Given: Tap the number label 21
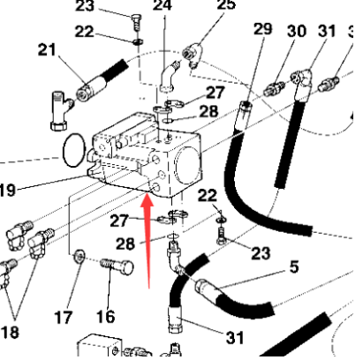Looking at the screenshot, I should [48, 50].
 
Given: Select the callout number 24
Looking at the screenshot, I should [163, 7].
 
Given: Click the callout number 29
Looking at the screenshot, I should [263, 29].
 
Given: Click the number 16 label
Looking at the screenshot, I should [106, 316].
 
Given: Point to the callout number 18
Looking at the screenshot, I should [11, 331].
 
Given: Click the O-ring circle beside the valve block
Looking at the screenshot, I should [76, 150].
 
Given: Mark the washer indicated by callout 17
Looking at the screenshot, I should [79, 257].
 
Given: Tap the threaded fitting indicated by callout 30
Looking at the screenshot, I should [273, 88].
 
